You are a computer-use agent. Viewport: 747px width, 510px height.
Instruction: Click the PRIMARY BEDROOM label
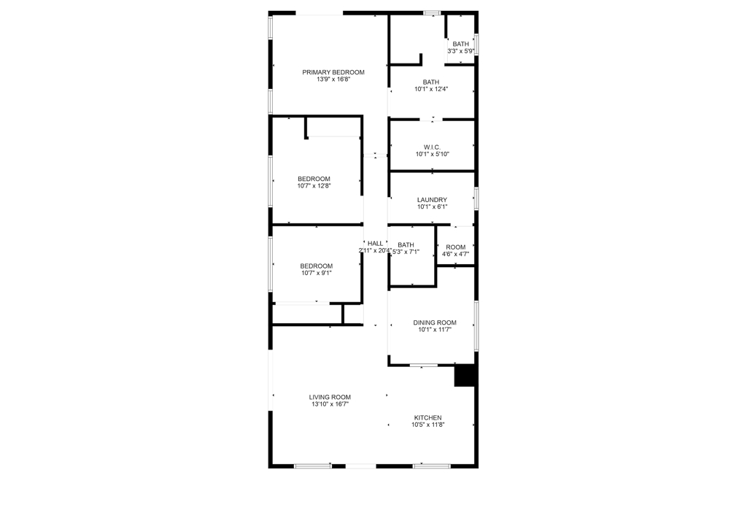[333, 72]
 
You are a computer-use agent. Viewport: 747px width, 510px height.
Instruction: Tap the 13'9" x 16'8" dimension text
[333, 80]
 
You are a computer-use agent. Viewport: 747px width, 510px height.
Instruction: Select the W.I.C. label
[432, 147]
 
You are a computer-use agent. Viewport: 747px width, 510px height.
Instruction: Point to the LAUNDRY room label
[432, 200]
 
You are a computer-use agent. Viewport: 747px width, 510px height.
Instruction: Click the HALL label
[375, 244]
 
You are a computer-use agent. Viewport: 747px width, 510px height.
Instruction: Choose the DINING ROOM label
[435, 322]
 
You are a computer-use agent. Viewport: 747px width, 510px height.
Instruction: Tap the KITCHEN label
[427, 417]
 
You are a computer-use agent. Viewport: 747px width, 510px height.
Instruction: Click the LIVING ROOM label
[330, 397]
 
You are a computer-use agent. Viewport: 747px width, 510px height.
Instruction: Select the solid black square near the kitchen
[465, 375]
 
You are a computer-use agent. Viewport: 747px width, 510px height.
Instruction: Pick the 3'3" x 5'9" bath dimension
[461, 51]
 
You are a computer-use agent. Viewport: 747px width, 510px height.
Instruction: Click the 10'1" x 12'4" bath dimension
[431, 89]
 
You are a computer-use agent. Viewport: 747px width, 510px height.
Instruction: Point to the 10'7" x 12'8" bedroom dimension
[314, 186]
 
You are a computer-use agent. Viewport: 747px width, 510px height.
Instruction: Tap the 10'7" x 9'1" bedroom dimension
[317, 274]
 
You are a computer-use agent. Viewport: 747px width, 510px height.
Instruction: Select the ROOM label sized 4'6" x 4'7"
[455, 247]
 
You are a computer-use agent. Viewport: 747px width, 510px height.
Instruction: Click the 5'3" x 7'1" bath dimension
[406, 252]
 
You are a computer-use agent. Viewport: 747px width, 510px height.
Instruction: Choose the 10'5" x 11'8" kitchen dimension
[427, 425]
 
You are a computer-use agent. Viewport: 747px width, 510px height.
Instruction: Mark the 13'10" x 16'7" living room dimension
[330, 404]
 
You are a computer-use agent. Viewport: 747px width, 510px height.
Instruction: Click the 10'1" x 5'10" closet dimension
[432, 154]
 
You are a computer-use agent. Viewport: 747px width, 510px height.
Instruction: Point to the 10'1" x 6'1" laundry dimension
[432, 207]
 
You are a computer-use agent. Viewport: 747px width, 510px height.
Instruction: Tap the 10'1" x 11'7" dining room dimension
[435, 330]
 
